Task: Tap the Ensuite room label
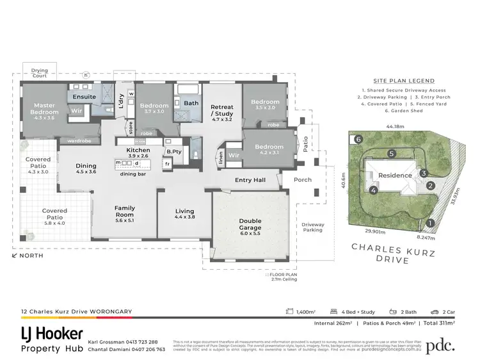84,97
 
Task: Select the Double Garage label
250,225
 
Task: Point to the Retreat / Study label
221,110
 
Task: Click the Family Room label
124,211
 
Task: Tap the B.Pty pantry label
172,151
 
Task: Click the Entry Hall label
250,180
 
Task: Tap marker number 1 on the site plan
431,223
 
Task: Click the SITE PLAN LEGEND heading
397,81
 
